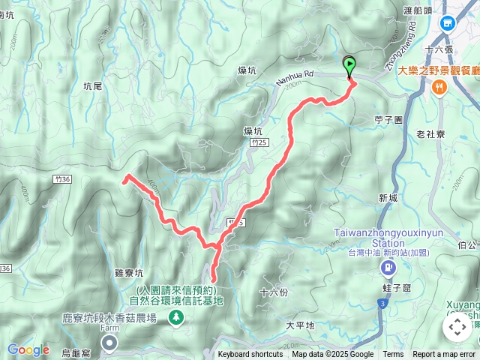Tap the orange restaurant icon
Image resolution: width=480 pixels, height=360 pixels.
pos(439,86)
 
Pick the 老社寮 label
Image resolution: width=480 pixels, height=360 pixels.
pos(431,133)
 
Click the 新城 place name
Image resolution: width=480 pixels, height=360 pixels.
pos(388,198)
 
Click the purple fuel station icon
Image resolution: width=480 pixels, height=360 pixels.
pos(388,268)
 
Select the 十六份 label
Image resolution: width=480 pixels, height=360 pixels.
pos(273,291)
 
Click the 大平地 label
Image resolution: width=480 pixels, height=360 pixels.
pos(300,325)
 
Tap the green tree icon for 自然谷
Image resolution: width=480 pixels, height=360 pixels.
pos(177,318)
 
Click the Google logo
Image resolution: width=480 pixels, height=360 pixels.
pos(28,349)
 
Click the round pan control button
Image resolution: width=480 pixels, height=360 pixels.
pos(457,327)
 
